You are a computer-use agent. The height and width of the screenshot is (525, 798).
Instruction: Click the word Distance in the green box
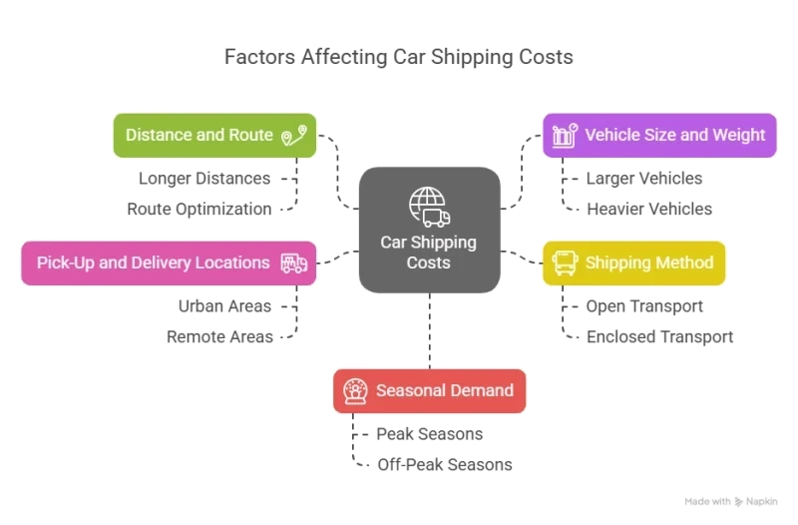coord(158,135)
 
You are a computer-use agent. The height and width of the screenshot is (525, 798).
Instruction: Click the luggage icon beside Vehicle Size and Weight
coord(564,135)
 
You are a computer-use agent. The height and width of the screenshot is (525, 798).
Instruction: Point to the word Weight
coord(738,135)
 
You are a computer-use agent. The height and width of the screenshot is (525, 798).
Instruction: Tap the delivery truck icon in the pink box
coord(293,263)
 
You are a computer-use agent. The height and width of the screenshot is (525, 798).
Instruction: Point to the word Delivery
coord(158,263)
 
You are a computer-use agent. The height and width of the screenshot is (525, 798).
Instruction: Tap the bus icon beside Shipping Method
coord(564,263)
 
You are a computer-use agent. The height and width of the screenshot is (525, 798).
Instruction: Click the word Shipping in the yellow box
coord(617,263)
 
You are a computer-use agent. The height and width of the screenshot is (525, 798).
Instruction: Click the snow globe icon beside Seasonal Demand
coord(354,390)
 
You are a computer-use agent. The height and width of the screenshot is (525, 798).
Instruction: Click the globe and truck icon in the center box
coord(429,208)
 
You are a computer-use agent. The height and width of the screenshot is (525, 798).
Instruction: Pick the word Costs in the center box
coord(429,262)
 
